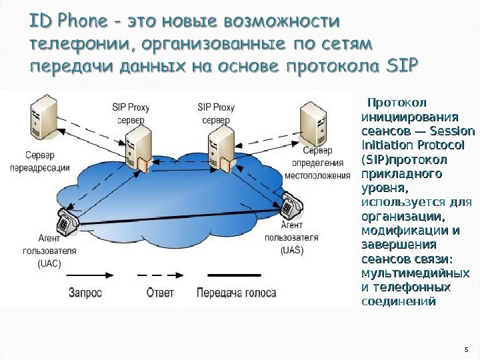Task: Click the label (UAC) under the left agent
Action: pos(49,263)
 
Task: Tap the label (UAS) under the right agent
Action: pos(291,250)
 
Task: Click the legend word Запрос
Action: pos(85,292)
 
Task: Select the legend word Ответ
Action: pos(160,292)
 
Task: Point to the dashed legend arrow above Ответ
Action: pos(160,273)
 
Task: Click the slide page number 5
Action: pos(466,349)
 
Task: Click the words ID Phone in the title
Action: pos(69,22)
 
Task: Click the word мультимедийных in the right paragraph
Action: pos(414,273)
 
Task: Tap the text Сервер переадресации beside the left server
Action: pos(40,161)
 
